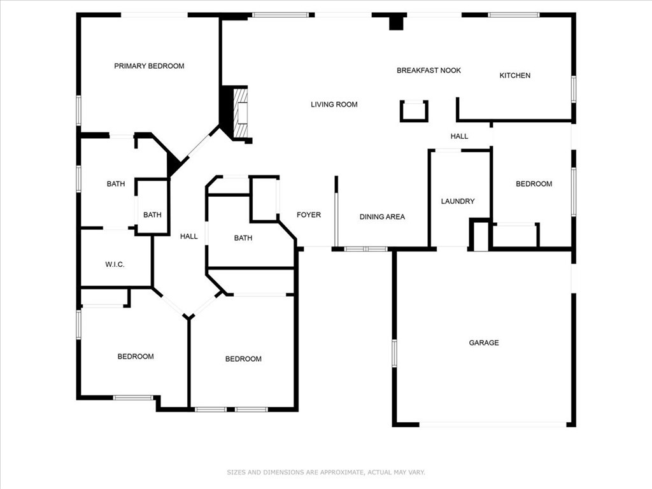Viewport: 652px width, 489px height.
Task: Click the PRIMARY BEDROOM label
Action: [x=149, y=66]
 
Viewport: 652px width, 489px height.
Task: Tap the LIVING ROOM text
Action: [x=334, y=104]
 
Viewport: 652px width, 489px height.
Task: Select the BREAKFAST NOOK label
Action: [x=429, y=71]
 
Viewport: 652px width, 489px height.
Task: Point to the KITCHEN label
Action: [x=514, y=76]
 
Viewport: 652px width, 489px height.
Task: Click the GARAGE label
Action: [x=484, y=343]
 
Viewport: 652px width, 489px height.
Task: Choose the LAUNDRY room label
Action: [x=458, y=201]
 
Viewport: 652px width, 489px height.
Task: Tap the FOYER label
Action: [x=309, y=215]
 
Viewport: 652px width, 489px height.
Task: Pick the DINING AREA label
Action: [x=382, y=217]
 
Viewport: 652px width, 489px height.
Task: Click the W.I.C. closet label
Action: [x=114, y=264]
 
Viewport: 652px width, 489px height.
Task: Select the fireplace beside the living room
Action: [x=240, y=113]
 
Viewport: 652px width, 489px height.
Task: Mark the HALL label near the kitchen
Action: [x=459, y=136]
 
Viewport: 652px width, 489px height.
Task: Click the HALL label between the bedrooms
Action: [x=188, y=236]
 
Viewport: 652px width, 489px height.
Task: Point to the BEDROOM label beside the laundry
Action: [x=534, y=184]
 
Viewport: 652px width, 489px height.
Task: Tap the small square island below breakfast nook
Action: [x=414, y=111]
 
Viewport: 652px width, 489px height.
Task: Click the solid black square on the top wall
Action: [x=397, y=22]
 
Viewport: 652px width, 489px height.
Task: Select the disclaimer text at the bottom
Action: [x=325, y=472]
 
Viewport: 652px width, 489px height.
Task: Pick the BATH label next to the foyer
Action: [x=243, y=238]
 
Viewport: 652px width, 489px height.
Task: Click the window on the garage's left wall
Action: [x=394, y=353]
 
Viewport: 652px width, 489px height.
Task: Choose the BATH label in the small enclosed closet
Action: [x=152, y=215]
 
